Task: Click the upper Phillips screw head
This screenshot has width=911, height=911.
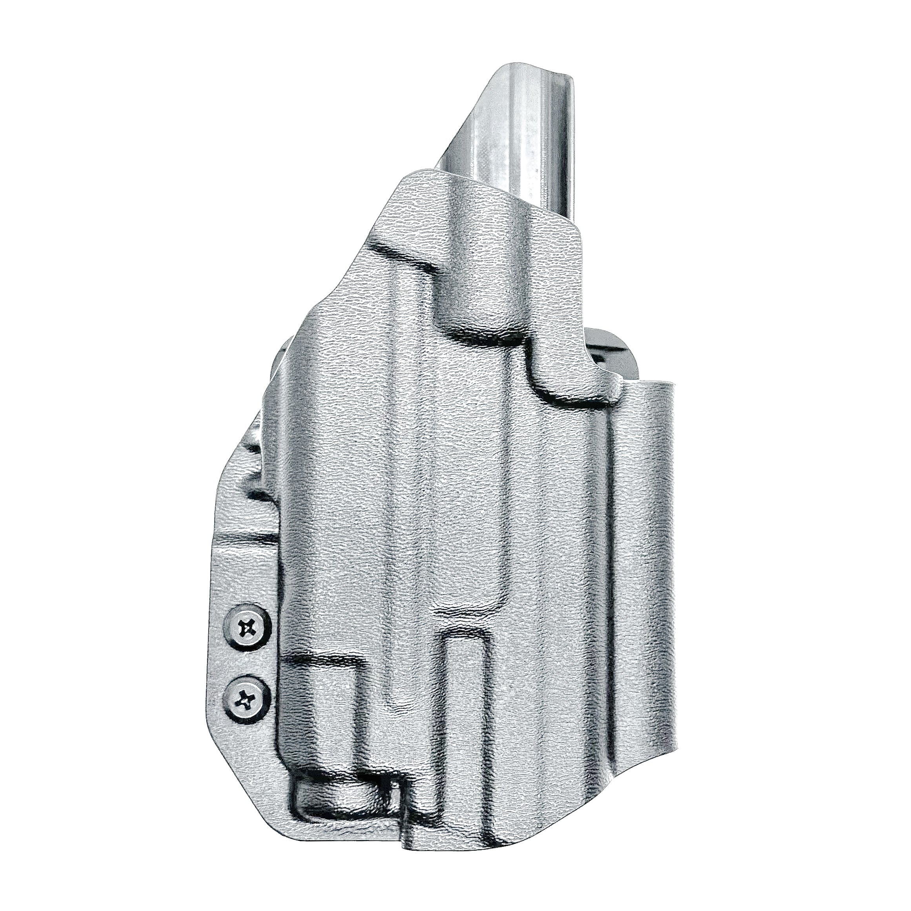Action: [248, 628]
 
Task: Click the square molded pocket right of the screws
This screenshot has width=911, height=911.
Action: [325, 698]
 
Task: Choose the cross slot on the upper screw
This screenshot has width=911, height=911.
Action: [248, 628]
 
